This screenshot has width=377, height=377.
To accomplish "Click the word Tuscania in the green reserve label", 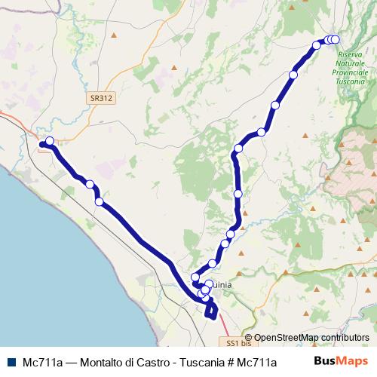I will [351, 81].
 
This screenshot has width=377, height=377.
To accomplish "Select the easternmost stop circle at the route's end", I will [336, 40].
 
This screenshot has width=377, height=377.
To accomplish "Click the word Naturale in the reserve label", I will [351, 64].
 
